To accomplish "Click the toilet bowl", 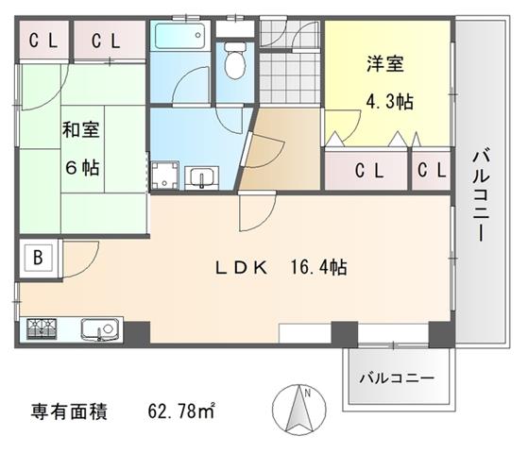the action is pyautogui.click(x=235, y=60).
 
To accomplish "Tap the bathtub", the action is pyautogui.click(x=179, y=36).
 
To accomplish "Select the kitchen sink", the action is pyautogui.click(x=102, y=329).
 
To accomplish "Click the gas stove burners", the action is pyautogui.click(x=42, y=328).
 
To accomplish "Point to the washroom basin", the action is pyautogui.click(x=201, y=177).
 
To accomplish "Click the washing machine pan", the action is pyautogui.click(x=164, y=176).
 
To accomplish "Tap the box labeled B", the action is pyautogui.click(x=38, y=258).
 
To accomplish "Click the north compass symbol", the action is pyautogui.click(x=299, y=410).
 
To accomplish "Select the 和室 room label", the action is pyautogui.click(x=81, y=129).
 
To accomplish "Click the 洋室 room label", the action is pyautogui.click(x=385, y=63).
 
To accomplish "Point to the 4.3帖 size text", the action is pyautogui.click(x=389, y=101).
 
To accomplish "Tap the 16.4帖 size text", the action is pyautogui.click(x=318, y=267).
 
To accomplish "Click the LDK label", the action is pyautogui.click(x=242, y=268).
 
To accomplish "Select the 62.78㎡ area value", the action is pyautogui.click(x=181, y=411).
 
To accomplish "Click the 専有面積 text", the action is pyautogui.click(x=69, y=411).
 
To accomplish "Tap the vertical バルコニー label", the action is pyautogui.click(x=482, y=196).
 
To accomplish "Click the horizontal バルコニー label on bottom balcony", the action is pyautogui.click(x=397, y=378).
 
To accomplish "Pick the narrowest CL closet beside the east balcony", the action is pyautogui.click(x=432, y=170).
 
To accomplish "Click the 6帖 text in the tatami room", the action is pyautogui.click(x=82, y=167).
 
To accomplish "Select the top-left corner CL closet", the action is pyautogui.click(x=43, y=41).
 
